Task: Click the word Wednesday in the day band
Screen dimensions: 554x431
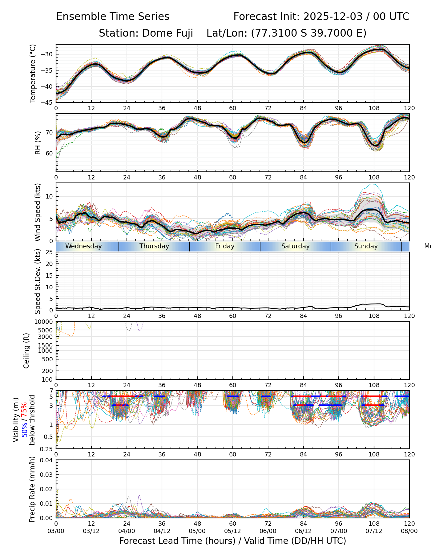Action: (x=83, y=246)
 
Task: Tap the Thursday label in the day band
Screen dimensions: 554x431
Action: (x=154, y=246)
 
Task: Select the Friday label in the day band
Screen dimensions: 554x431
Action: (x=225, y=246)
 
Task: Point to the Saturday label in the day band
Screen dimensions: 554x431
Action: (x=296, y=246)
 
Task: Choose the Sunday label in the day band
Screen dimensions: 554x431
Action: (x=366, y=246)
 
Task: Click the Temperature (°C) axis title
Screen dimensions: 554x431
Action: (x=33, y=73)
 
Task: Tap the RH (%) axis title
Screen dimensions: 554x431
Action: (x=38, y=143)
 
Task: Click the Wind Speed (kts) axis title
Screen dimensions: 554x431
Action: (x=38, y=212)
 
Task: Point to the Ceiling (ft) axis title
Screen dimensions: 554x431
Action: (x=26, y=351)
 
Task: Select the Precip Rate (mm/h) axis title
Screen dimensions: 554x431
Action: (x=32, y=489)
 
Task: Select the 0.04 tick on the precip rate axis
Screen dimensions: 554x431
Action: (x=47, y=460)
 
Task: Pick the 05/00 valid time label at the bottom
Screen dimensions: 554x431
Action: (x=197, y=531)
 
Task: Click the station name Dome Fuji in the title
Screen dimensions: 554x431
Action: (x=167, y=33)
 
